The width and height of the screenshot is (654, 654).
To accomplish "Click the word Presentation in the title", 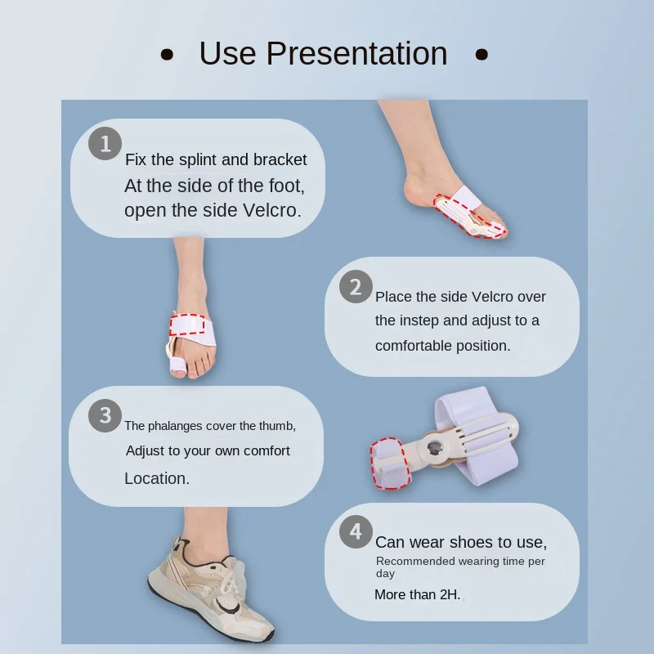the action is [356, 53].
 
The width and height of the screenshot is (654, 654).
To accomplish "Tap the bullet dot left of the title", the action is [167, 55].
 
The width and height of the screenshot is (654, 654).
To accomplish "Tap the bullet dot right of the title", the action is [482, 55].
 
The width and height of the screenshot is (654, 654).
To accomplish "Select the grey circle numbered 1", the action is [105, 144].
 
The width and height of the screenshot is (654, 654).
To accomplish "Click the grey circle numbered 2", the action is [356, 287].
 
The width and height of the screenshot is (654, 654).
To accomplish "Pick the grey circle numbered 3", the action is [105, 415].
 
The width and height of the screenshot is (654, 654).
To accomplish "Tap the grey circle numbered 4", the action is [356, 532].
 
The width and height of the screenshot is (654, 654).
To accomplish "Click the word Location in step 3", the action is [157, 478].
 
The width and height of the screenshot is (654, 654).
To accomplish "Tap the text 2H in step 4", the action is [450, 594].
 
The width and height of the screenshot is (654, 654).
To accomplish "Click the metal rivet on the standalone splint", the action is [435, 448].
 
